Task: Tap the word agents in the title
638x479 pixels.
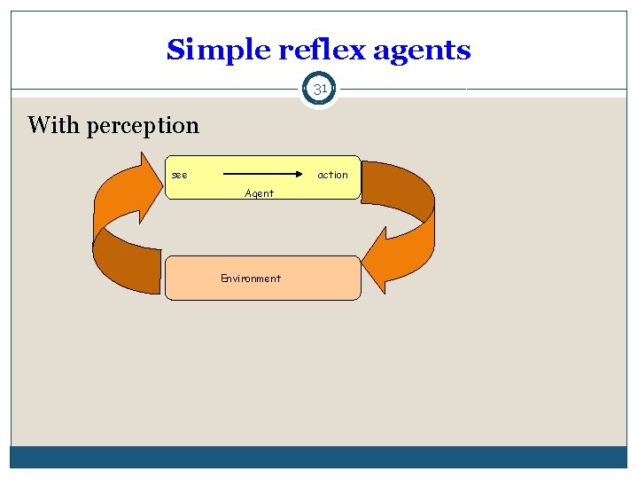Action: tap(422, 51)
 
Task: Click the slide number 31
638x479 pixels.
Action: tap(320, 89)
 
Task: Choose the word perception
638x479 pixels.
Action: tap(143, 126)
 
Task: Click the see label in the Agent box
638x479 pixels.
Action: tap(179, 175)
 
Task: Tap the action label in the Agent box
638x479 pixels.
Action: tap(332, 175)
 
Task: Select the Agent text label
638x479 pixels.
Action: tap(259, 192)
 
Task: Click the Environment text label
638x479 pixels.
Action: tap(251, 279)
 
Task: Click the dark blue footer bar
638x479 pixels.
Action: tap(319, 457)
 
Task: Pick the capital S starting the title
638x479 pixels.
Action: tap(175, 50)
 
